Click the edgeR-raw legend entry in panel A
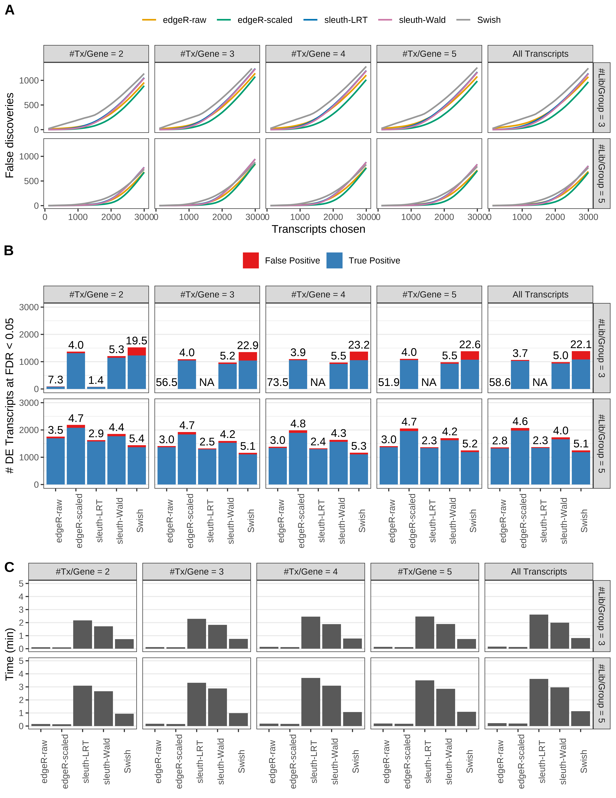point(184,20)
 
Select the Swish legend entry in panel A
point(489,20)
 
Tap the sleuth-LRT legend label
point(346,20)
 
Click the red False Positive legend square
point(251,261)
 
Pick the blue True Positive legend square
point(334,261)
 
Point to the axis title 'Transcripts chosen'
point(318,229)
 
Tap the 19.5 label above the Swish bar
point(136,341)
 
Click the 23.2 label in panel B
point(359,345)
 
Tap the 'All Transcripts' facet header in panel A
point(540,54)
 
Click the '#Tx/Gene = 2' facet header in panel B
point(96,295)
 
